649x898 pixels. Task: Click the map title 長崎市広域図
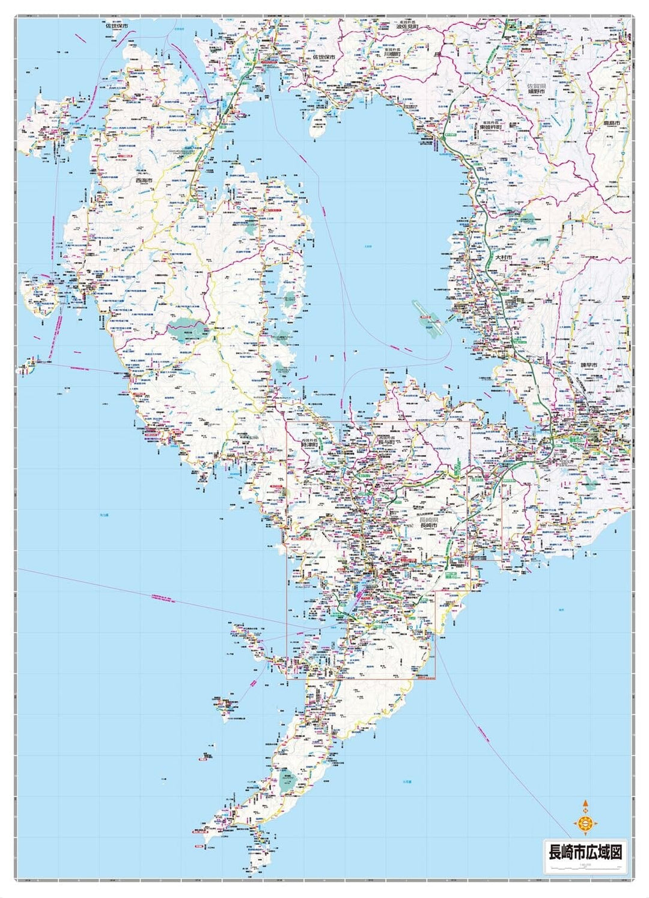pyautogui.click(x=583, y=852)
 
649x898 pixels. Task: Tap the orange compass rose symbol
pyautogui.click(x=585, y=822)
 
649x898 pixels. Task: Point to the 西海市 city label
pyautogui.click(x=145, y=180)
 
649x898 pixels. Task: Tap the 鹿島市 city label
pyautogui.click(x=614, y=123)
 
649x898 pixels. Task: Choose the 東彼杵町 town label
pyautogui.click(x=490, y=128)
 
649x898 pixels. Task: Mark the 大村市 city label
pyautogui.click(x=503, y=257)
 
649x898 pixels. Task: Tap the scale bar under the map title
pyautogui.click(x=583, y=865)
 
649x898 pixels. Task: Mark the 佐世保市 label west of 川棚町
pyautogui.click(x=323, y=56)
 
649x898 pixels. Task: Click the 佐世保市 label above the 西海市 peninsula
pyautogui.click(x=117, y=26)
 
